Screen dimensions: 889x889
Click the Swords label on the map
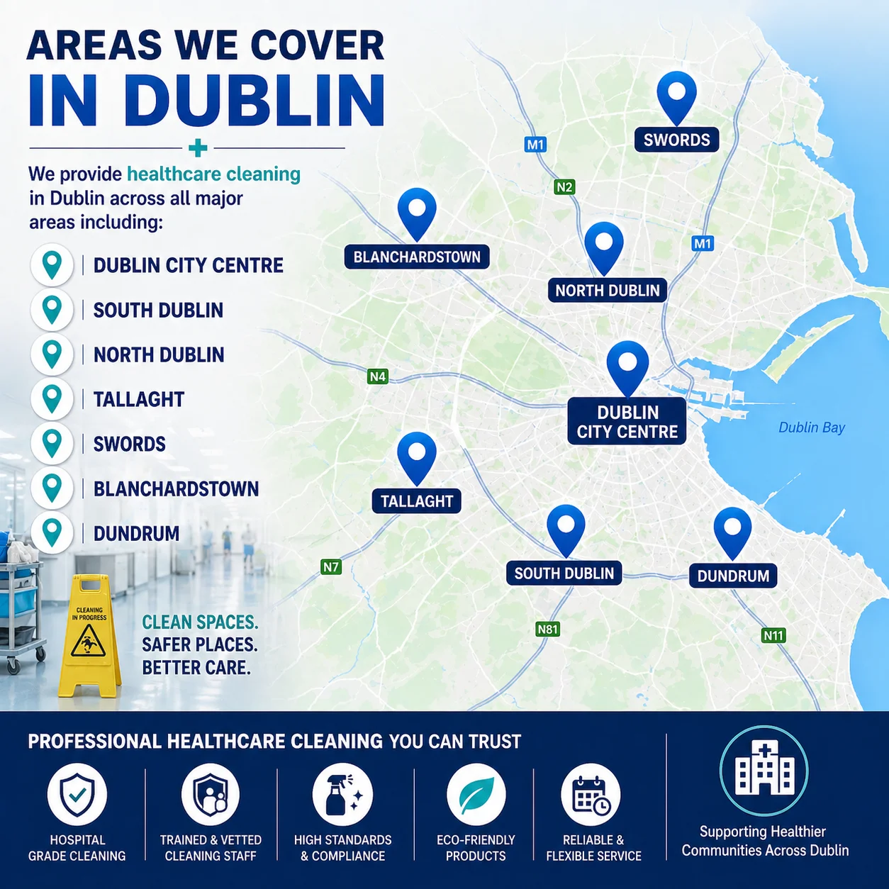[676, 140]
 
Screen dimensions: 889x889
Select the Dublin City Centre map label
[627, 422]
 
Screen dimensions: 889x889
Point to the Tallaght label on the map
[417, 501]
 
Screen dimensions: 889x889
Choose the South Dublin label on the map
[564, 574]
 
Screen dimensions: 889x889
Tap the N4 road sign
[377, 376]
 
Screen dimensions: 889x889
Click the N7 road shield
[331, 566]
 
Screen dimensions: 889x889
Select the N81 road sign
[547, 629]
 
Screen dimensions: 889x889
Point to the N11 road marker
[773, 635]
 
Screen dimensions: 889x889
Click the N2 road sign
[564, 187]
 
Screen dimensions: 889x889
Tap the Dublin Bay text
[812, 427]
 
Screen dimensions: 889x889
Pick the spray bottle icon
[342, 795]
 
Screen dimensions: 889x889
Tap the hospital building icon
[764, 769]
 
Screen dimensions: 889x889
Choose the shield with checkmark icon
[77, 795]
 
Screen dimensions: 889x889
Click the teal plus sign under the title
[198, 148]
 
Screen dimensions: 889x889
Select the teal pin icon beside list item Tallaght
[52, 398]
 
